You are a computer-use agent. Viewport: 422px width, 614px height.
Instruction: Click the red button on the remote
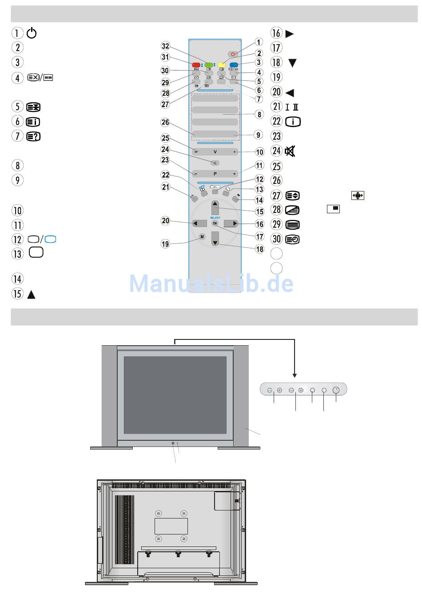click(x=196, y=65)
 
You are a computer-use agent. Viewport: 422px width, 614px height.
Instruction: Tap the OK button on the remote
click(x=215, y=223)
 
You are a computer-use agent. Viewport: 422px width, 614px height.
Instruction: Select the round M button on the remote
click(x=202, y=237)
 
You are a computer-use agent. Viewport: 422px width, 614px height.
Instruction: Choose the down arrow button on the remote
click(x=215, y=243)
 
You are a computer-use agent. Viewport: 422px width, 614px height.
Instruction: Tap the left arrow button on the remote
click(x=197, y=223)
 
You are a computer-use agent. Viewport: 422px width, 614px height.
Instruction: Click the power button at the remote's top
click(x=232, y=54)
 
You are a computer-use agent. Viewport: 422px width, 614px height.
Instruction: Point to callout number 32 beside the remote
click(x=165, y=46)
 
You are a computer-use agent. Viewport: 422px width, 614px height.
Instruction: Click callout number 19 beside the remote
click(x=165, y=243)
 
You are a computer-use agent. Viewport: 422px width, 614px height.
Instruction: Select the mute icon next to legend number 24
click(x=290, y=152)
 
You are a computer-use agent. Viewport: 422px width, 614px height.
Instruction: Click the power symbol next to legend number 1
click(x=32, y=33)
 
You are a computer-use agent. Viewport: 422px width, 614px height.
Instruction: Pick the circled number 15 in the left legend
click(x=17, y=294)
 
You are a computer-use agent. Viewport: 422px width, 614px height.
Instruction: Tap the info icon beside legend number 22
click(x=293, y=122)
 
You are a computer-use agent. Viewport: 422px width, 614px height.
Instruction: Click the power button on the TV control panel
click(x=336, y=390)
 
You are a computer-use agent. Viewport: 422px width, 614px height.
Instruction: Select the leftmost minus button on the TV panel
click(x=270, y=390)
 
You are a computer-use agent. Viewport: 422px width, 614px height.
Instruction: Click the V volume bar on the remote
click(x=215, y=152)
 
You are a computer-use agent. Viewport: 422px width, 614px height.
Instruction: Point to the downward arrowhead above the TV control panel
click(x=295, y=375)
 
